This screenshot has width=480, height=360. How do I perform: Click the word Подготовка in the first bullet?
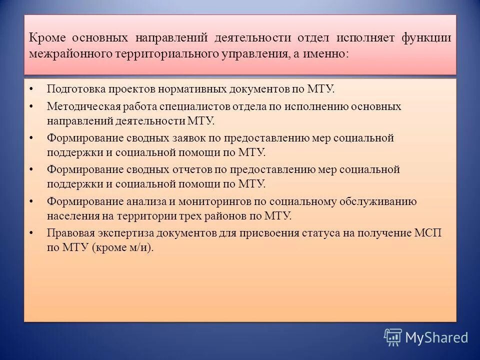coord(73,89)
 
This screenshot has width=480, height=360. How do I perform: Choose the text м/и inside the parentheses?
coord(139,247)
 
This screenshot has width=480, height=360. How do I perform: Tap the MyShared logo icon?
coord(393,337)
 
